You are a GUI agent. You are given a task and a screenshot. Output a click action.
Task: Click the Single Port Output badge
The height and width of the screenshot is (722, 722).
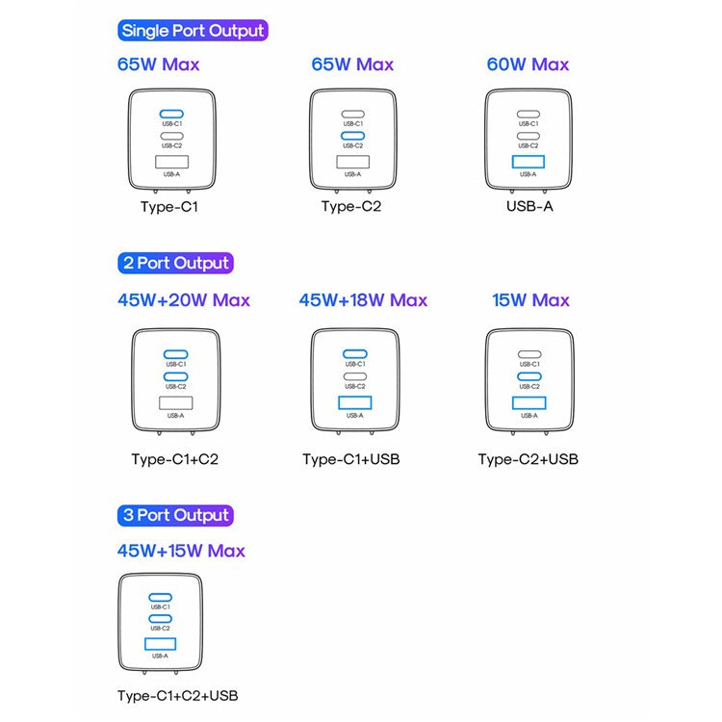coord(193,31)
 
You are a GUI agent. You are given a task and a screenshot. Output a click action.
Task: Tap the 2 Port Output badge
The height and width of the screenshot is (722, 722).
coord(176,263)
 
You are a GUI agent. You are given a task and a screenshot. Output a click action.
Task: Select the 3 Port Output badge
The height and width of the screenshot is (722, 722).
coord(176,515)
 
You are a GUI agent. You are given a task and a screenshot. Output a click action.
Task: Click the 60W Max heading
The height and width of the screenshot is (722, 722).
coord(528,64)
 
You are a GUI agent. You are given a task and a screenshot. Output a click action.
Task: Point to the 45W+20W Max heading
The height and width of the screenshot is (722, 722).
coord(184,300)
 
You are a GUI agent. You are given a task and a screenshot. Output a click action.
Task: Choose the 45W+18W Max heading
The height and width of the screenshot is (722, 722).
coord(363,300)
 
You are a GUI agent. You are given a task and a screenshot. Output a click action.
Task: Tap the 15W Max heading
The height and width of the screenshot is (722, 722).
coord(530,300)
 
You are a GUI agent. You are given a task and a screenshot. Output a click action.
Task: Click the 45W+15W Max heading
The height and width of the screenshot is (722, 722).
coord(181,551)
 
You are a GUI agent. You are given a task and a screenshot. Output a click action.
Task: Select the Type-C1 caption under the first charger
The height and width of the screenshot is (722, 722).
coord(168,206)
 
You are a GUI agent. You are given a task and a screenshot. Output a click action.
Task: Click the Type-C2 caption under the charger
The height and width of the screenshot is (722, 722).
coord(351,206)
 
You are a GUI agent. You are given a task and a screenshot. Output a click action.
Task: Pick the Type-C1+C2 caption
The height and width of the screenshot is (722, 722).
coord(175,459)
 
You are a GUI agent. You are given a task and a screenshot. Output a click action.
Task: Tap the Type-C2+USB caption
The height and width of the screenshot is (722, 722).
coord(529,459)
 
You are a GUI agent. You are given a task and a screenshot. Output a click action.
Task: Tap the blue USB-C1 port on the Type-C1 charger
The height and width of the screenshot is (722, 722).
coord(171,114)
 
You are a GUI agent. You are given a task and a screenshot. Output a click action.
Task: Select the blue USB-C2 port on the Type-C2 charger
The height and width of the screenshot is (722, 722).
coord(353,136)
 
